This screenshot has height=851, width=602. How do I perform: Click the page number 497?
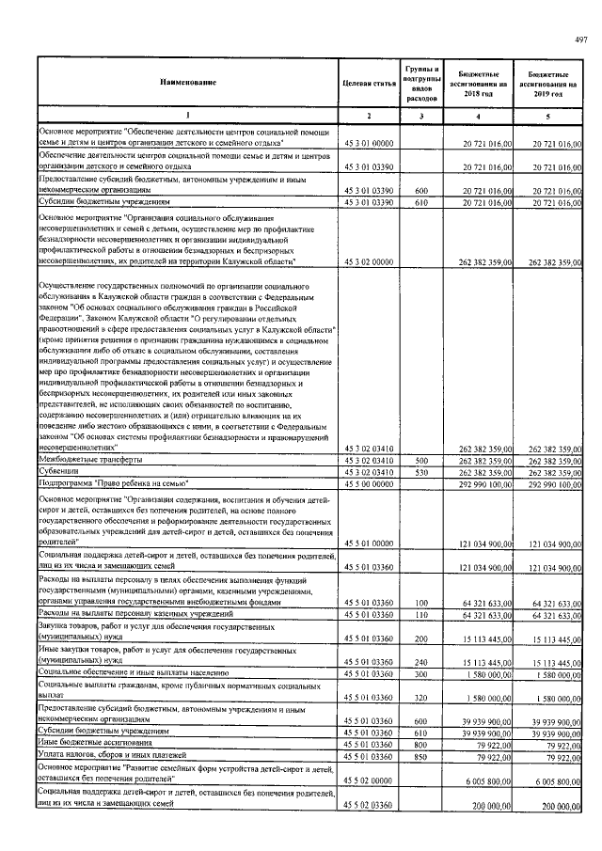[x=580, y=38]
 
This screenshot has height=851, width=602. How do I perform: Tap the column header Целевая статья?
[x=369, y=84]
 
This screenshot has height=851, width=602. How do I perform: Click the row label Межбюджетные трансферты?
[x=90, y=461]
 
